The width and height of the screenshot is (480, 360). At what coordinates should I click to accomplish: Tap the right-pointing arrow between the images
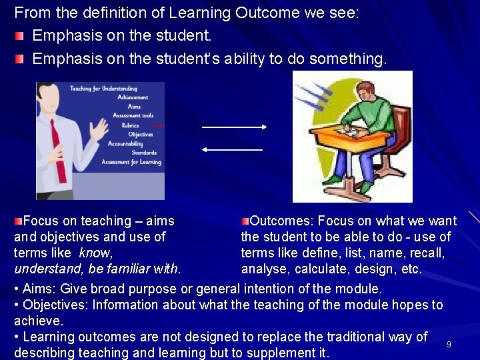coord(234,127)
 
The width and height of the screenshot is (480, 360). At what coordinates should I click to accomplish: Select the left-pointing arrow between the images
coord(233,150)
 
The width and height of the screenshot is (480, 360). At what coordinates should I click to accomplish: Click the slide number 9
coord(449,344)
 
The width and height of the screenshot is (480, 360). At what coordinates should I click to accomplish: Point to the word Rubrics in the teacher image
coord(131,125)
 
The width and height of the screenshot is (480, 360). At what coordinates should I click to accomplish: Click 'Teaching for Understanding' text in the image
coord(103,88)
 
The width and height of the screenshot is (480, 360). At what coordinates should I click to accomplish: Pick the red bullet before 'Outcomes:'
coord(245,220)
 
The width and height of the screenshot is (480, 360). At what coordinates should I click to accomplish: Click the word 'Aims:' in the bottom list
coord(39,289)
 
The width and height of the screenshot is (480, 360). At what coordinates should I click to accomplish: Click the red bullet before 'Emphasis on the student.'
coord(19,35)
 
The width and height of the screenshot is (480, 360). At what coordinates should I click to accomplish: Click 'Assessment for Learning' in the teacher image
coord(131,162)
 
